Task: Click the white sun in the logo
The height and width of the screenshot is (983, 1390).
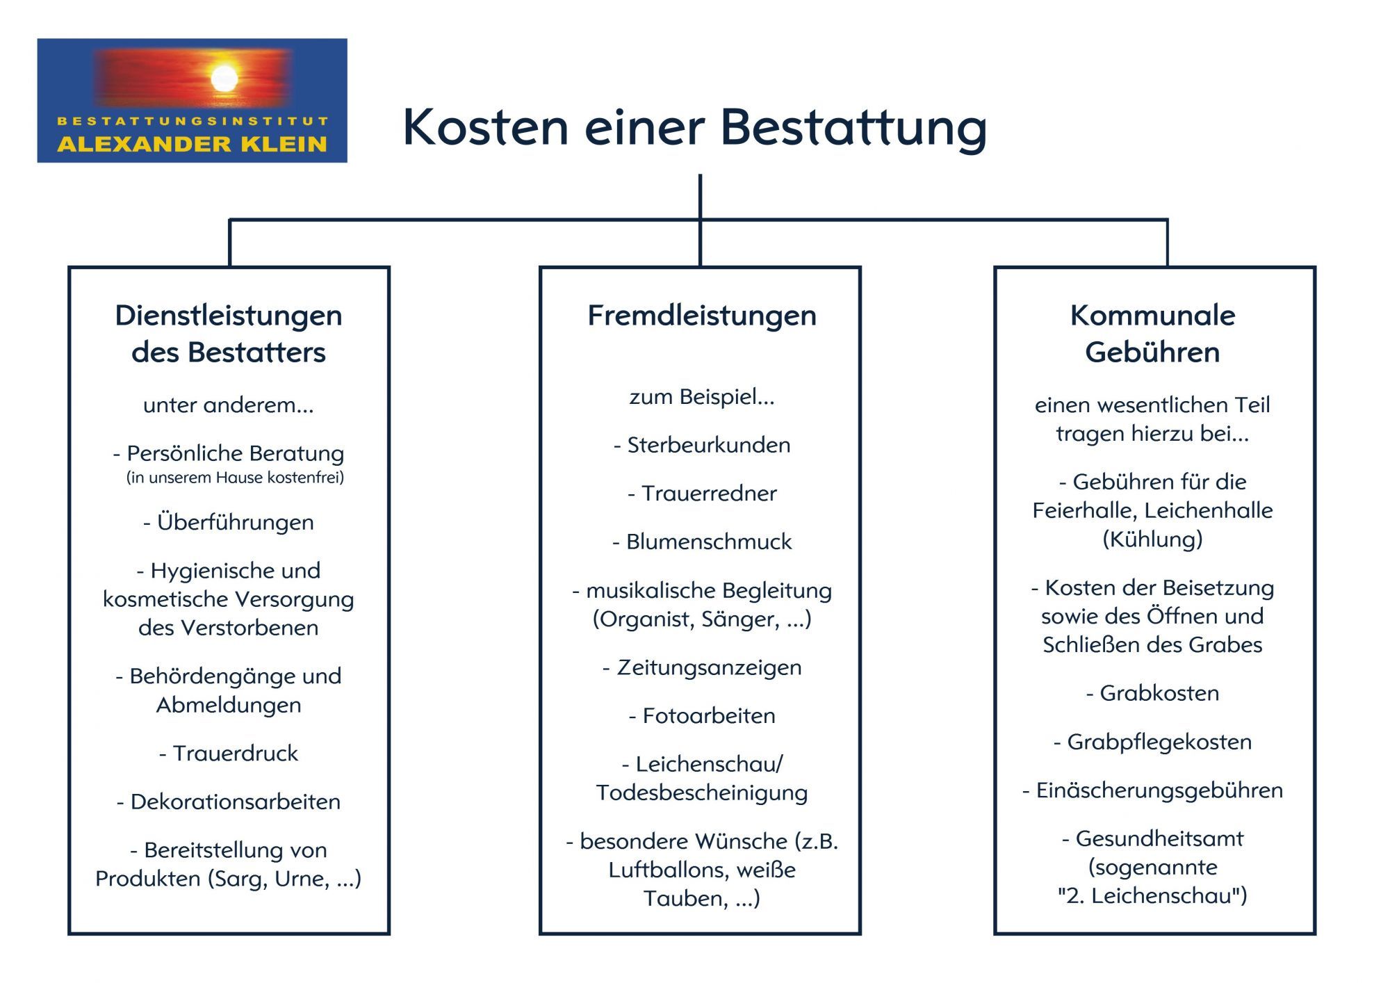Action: [x=224, y=78]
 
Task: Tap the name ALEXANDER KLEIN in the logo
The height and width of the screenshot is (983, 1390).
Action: [x=192, y=144]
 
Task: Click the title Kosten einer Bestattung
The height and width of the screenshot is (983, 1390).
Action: [x=694, y=128]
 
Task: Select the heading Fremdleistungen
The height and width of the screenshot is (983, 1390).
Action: [x=702, y=316]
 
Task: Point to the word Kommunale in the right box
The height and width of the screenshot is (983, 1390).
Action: [x=1152, y=315]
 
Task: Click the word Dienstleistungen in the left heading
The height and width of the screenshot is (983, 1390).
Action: [x=229, y=316]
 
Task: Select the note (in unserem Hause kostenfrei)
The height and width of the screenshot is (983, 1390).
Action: [x=235, y=478]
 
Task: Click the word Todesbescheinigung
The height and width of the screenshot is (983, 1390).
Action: [x=702, y=793]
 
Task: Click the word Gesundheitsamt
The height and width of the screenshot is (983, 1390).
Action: [x=1159, y=839]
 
